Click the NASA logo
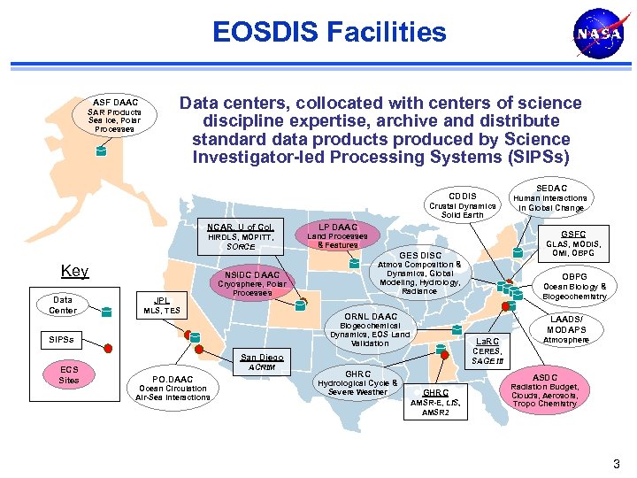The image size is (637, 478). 592,35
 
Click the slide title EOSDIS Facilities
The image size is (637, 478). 329,34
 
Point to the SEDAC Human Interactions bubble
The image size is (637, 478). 551,197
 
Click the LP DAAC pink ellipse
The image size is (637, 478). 337,236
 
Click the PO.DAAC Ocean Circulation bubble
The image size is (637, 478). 173,385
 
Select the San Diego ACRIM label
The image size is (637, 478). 262,361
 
